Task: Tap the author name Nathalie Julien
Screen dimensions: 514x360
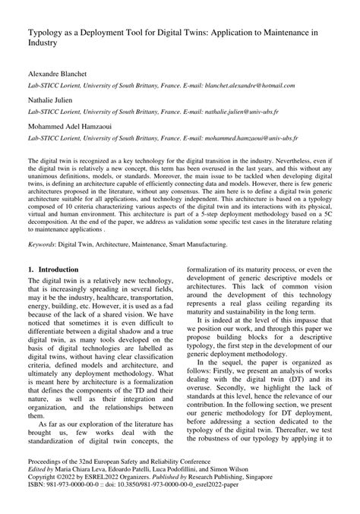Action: coord(51,108)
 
